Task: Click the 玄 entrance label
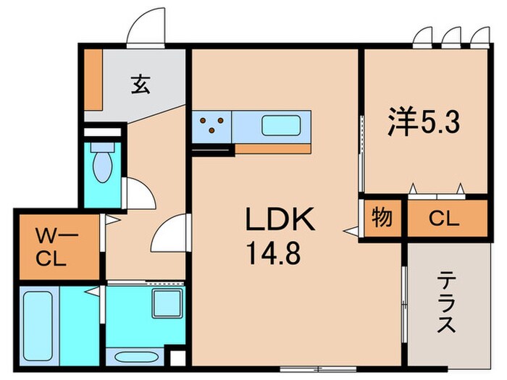[140, 85]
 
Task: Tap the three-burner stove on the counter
[212, 126]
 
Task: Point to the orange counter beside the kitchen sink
[272, 148]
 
